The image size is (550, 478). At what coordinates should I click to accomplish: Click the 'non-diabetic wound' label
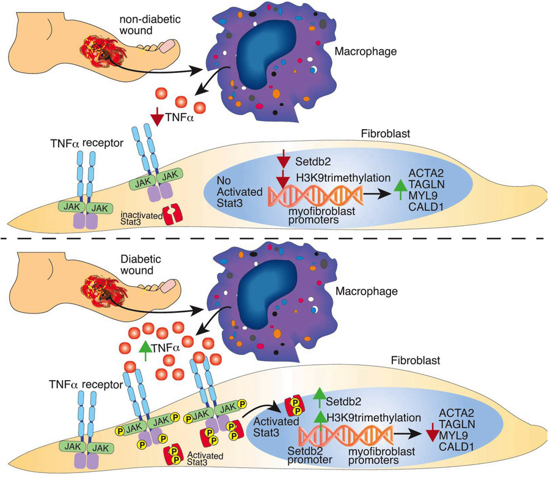pyautogui.click(x=150, y=24)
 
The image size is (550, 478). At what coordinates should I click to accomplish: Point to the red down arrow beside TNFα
pyautogui.click(x=157, y=117)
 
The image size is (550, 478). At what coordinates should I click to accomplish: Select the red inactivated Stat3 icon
pyautogui.click(x=172, y=214)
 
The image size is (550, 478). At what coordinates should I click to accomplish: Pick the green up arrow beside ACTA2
pyautogui.click(x=400, y=190)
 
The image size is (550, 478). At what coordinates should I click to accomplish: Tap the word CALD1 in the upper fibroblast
pyautogui.click(x=426, y=207)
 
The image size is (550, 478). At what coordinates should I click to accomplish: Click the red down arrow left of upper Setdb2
pyautogui.click(x=283, y=159)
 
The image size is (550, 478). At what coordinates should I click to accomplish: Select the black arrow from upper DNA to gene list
pyautogui.click(x=377, y=194)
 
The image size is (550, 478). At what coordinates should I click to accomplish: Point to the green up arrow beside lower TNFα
pyautogui.click(x=145, y=350)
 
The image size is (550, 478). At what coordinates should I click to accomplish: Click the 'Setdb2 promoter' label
pyautogui.click(x=309, y=455)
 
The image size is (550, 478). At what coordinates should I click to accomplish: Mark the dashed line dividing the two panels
pyautogui.click(x=275, y=239)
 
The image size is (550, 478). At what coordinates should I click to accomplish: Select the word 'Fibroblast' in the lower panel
pyautogui.click(x=416, y=360)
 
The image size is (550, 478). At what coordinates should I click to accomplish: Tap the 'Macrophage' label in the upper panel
pyautogui.click(x=365, y=51)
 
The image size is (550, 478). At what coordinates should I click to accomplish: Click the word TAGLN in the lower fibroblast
pyautogui.click(x=457, y=424)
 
